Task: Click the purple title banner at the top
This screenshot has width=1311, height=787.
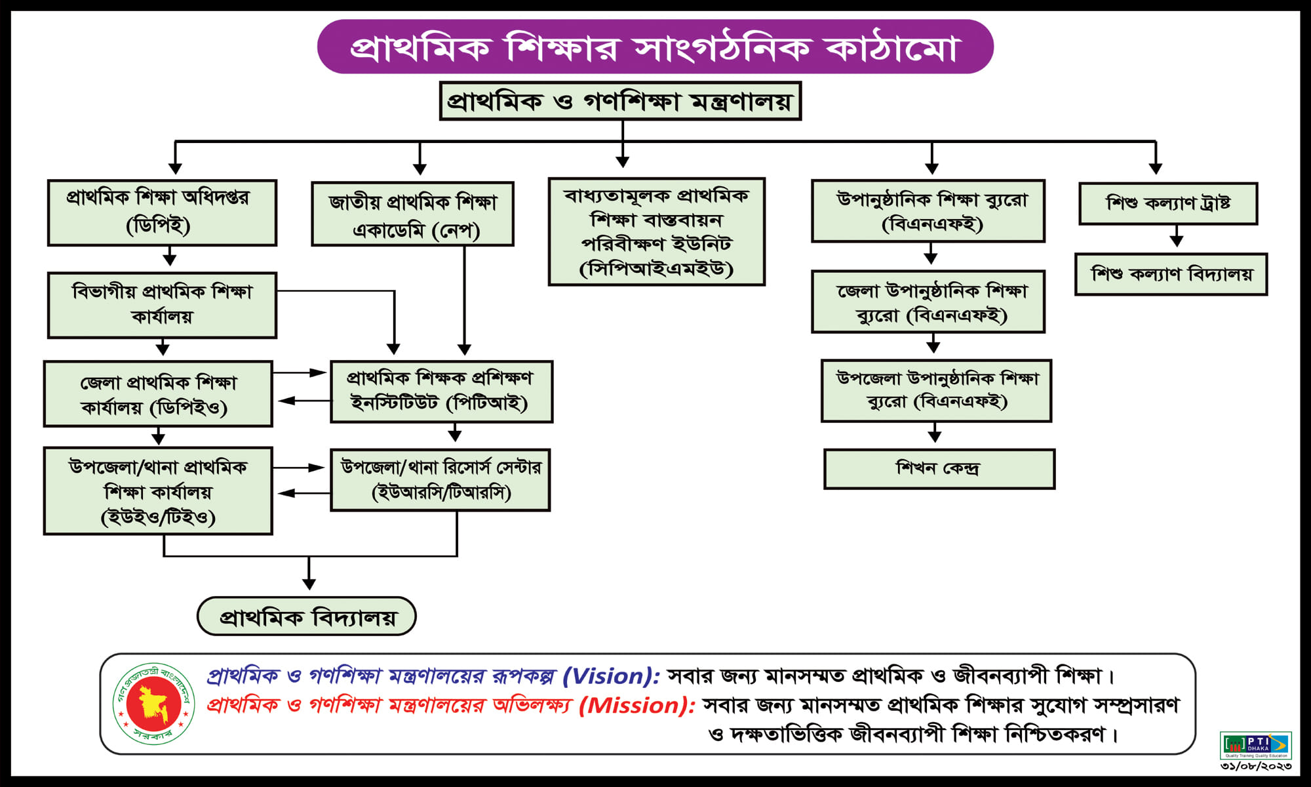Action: [x=655, y=47]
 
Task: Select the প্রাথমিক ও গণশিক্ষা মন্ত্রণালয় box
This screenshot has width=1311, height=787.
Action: [x=620, y=101]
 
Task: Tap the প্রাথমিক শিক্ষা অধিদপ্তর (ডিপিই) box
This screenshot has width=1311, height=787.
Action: [x=162, y=212]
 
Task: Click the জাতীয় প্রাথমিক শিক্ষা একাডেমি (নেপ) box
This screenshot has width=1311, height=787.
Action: [x=412, y=214]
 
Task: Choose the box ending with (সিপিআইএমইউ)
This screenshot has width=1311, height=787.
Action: [x=656, y=232]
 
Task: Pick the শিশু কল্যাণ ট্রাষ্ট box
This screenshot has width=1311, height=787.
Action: [x=1168, y=203]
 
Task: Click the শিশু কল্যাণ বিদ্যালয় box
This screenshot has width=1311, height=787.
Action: [x=1171, y=274]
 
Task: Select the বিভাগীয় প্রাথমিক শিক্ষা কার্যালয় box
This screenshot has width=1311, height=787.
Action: [x=162, y=305]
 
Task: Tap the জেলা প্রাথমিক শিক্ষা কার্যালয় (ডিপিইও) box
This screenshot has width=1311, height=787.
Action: [x=158, y=393]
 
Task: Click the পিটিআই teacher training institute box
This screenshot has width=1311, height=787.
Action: [x=441, y=392]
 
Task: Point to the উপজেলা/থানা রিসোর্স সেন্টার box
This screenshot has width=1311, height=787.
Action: [x=440, y=480]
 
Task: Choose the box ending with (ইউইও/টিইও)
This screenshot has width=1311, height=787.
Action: [x=158, y=491]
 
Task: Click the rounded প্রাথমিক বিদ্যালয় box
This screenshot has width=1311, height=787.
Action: [x=307, y=616]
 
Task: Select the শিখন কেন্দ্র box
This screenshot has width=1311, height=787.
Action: [x=939, y=469]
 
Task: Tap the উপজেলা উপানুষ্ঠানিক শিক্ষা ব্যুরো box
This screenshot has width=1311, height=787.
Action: [x=936, y=390]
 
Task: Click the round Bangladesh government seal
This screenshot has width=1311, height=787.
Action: [x=153, y=703]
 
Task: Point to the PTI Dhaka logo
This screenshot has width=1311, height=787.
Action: [x=1255, y=745]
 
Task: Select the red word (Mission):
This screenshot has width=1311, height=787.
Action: [x=636, y=705]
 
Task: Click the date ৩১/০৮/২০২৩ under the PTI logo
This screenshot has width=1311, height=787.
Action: [x=1255, y=766]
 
